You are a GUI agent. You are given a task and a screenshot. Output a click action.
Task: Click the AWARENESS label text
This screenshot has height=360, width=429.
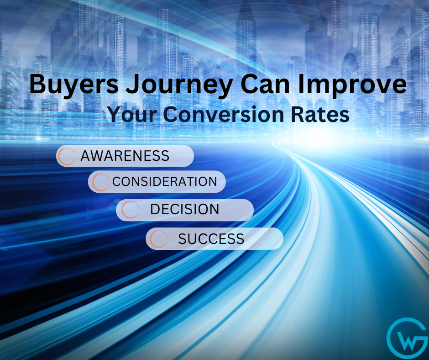pos(125,156)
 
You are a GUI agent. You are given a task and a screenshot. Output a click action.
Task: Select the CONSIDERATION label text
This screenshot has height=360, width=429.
pos(165,182)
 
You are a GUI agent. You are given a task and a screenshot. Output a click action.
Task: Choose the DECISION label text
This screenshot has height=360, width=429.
pos(185,209)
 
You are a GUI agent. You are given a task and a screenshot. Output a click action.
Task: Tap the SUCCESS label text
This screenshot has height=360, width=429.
pos(211,239)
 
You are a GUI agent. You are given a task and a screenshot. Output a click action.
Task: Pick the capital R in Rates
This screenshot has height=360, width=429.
pos(298,114)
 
